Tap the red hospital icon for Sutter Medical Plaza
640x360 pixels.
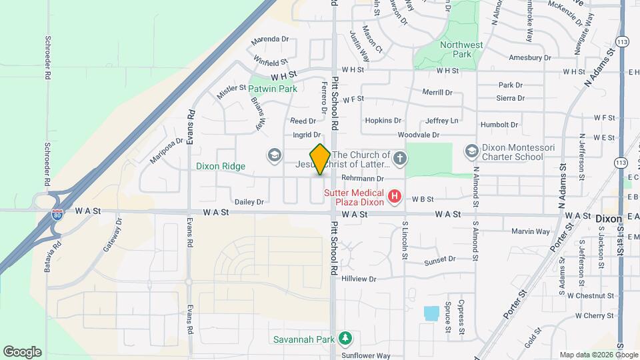395,196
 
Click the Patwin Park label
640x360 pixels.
274,88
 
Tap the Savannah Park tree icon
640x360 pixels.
345,339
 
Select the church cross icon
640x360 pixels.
399,158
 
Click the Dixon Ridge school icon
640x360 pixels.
273,156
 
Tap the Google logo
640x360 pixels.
22,351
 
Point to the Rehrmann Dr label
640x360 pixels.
363,179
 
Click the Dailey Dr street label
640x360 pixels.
249,201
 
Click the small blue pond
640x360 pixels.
431,313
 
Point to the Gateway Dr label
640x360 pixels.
113,237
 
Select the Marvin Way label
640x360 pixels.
531,231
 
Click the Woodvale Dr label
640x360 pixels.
419,135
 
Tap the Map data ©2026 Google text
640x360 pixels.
590,354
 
